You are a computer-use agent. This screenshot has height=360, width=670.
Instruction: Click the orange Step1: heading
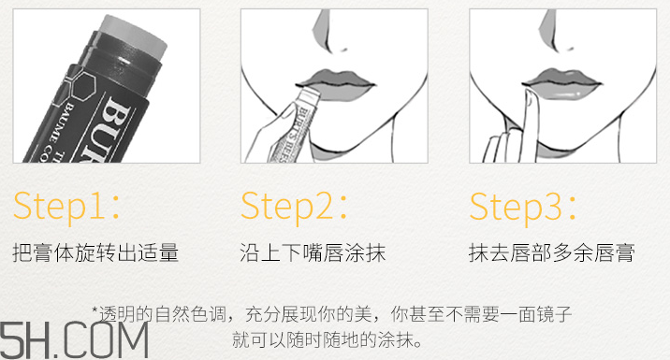(x=66, y=207)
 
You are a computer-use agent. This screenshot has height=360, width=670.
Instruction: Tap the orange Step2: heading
(x=296, y=207)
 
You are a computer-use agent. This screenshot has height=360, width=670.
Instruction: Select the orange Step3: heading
(x=524, y=207)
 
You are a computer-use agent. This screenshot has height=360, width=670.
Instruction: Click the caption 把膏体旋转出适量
(x=95, y=252)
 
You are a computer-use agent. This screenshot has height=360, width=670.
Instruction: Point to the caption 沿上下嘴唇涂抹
(x=313, y=252)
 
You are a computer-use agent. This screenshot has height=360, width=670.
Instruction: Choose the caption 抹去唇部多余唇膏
(x=552, y=252)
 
